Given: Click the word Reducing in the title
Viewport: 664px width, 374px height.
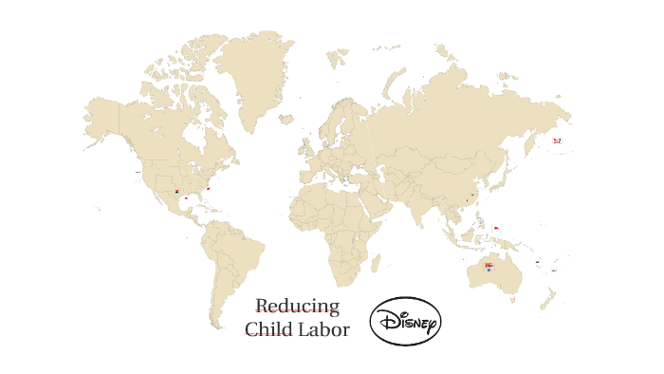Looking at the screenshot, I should (x=297, y=306).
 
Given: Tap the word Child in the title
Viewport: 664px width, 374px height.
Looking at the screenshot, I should (x=268, y=329).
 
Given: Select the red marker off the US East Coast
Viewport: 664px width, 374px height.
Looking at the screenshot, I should (x=208, y=187).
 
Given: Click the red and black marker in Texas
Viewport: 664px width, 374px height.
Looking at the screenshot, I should (x=176, y=192).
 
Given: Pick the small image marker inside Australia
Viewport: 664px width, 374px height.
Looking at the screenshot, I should (x=489, y=266).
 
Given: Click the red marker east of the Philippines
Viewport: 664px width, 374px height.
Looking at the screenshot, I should (x=496, y=228).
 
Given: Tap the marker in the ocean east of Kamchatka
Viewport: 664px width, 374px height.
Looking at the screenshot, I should (x=557, y=140).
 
